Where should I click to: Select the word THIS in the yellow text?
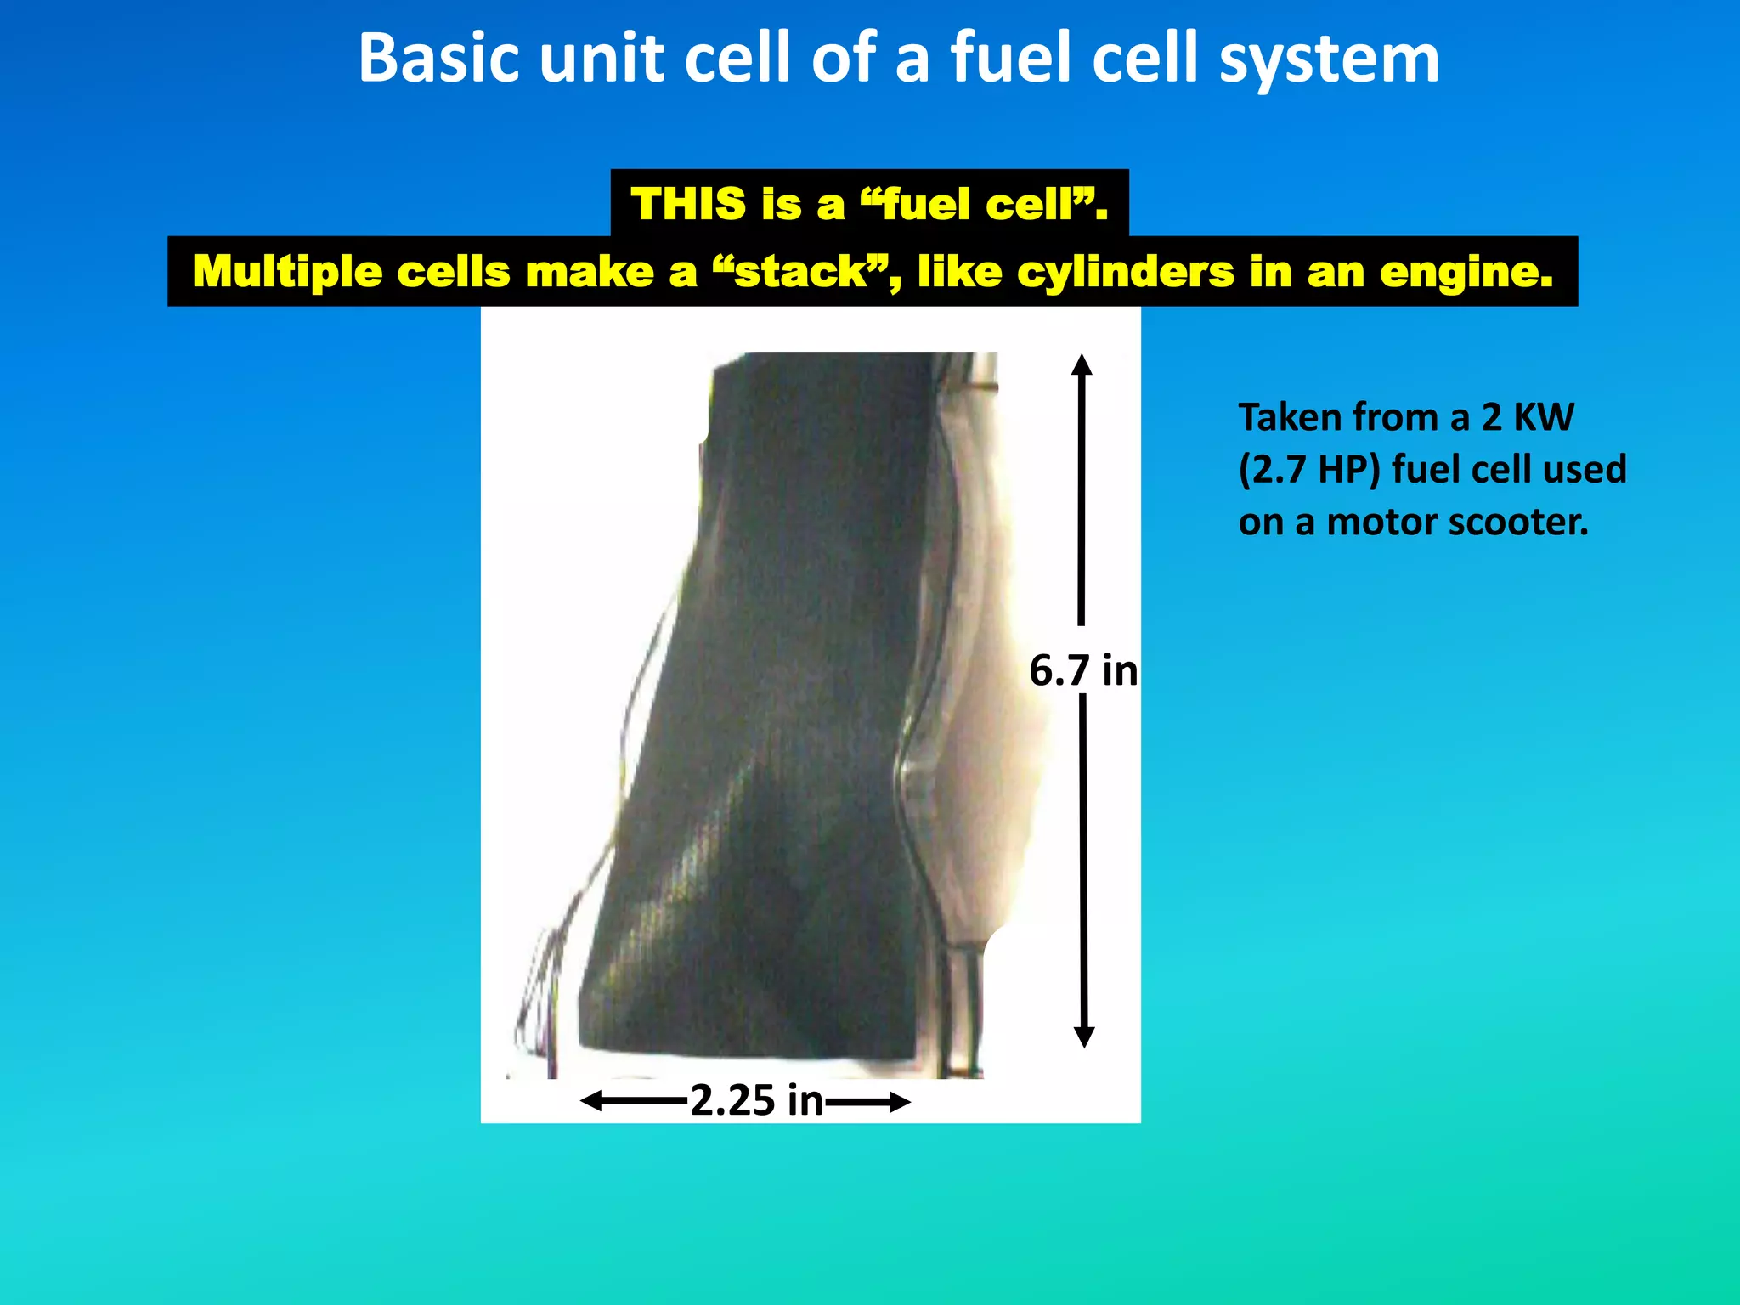[x=688, y=204]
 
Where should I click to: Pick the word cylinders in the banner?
[x=1125, y=272]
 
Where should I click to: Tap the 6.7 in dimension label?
[x=1083, y=670]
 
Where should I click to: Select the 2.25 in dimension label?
[x=756, y=1100]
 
